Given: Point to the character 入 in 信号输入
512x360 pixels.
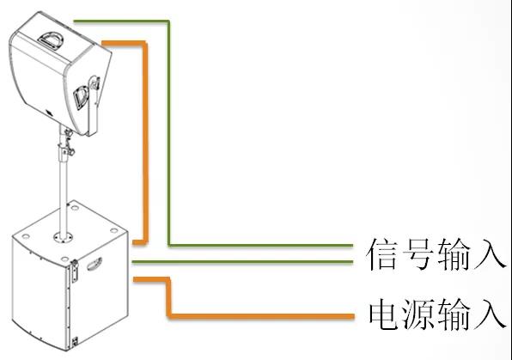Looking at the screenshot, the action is click(x=489, y=254).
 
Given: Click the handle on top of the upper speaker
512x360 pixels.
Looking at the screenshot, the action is click(x=51, y=40).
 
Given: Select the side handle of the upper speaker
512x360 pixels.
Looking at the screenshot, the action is click(x=81, y=97).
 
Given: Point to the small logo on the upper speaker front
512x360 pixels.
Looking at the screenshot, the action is click(x=49, y=113).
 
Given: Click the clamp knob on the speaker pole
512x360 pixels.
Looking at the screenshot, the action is click(x=69, y=150).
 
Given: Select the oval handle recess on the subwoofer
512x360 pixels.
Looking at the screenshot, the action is click(x=94, y=264).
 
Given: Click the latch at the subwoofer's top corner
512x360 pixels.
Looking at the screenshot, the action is click(x=75, y=271).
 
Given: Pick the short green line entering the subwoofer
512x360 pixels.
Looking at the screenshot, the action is click(x=242, y=262).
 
